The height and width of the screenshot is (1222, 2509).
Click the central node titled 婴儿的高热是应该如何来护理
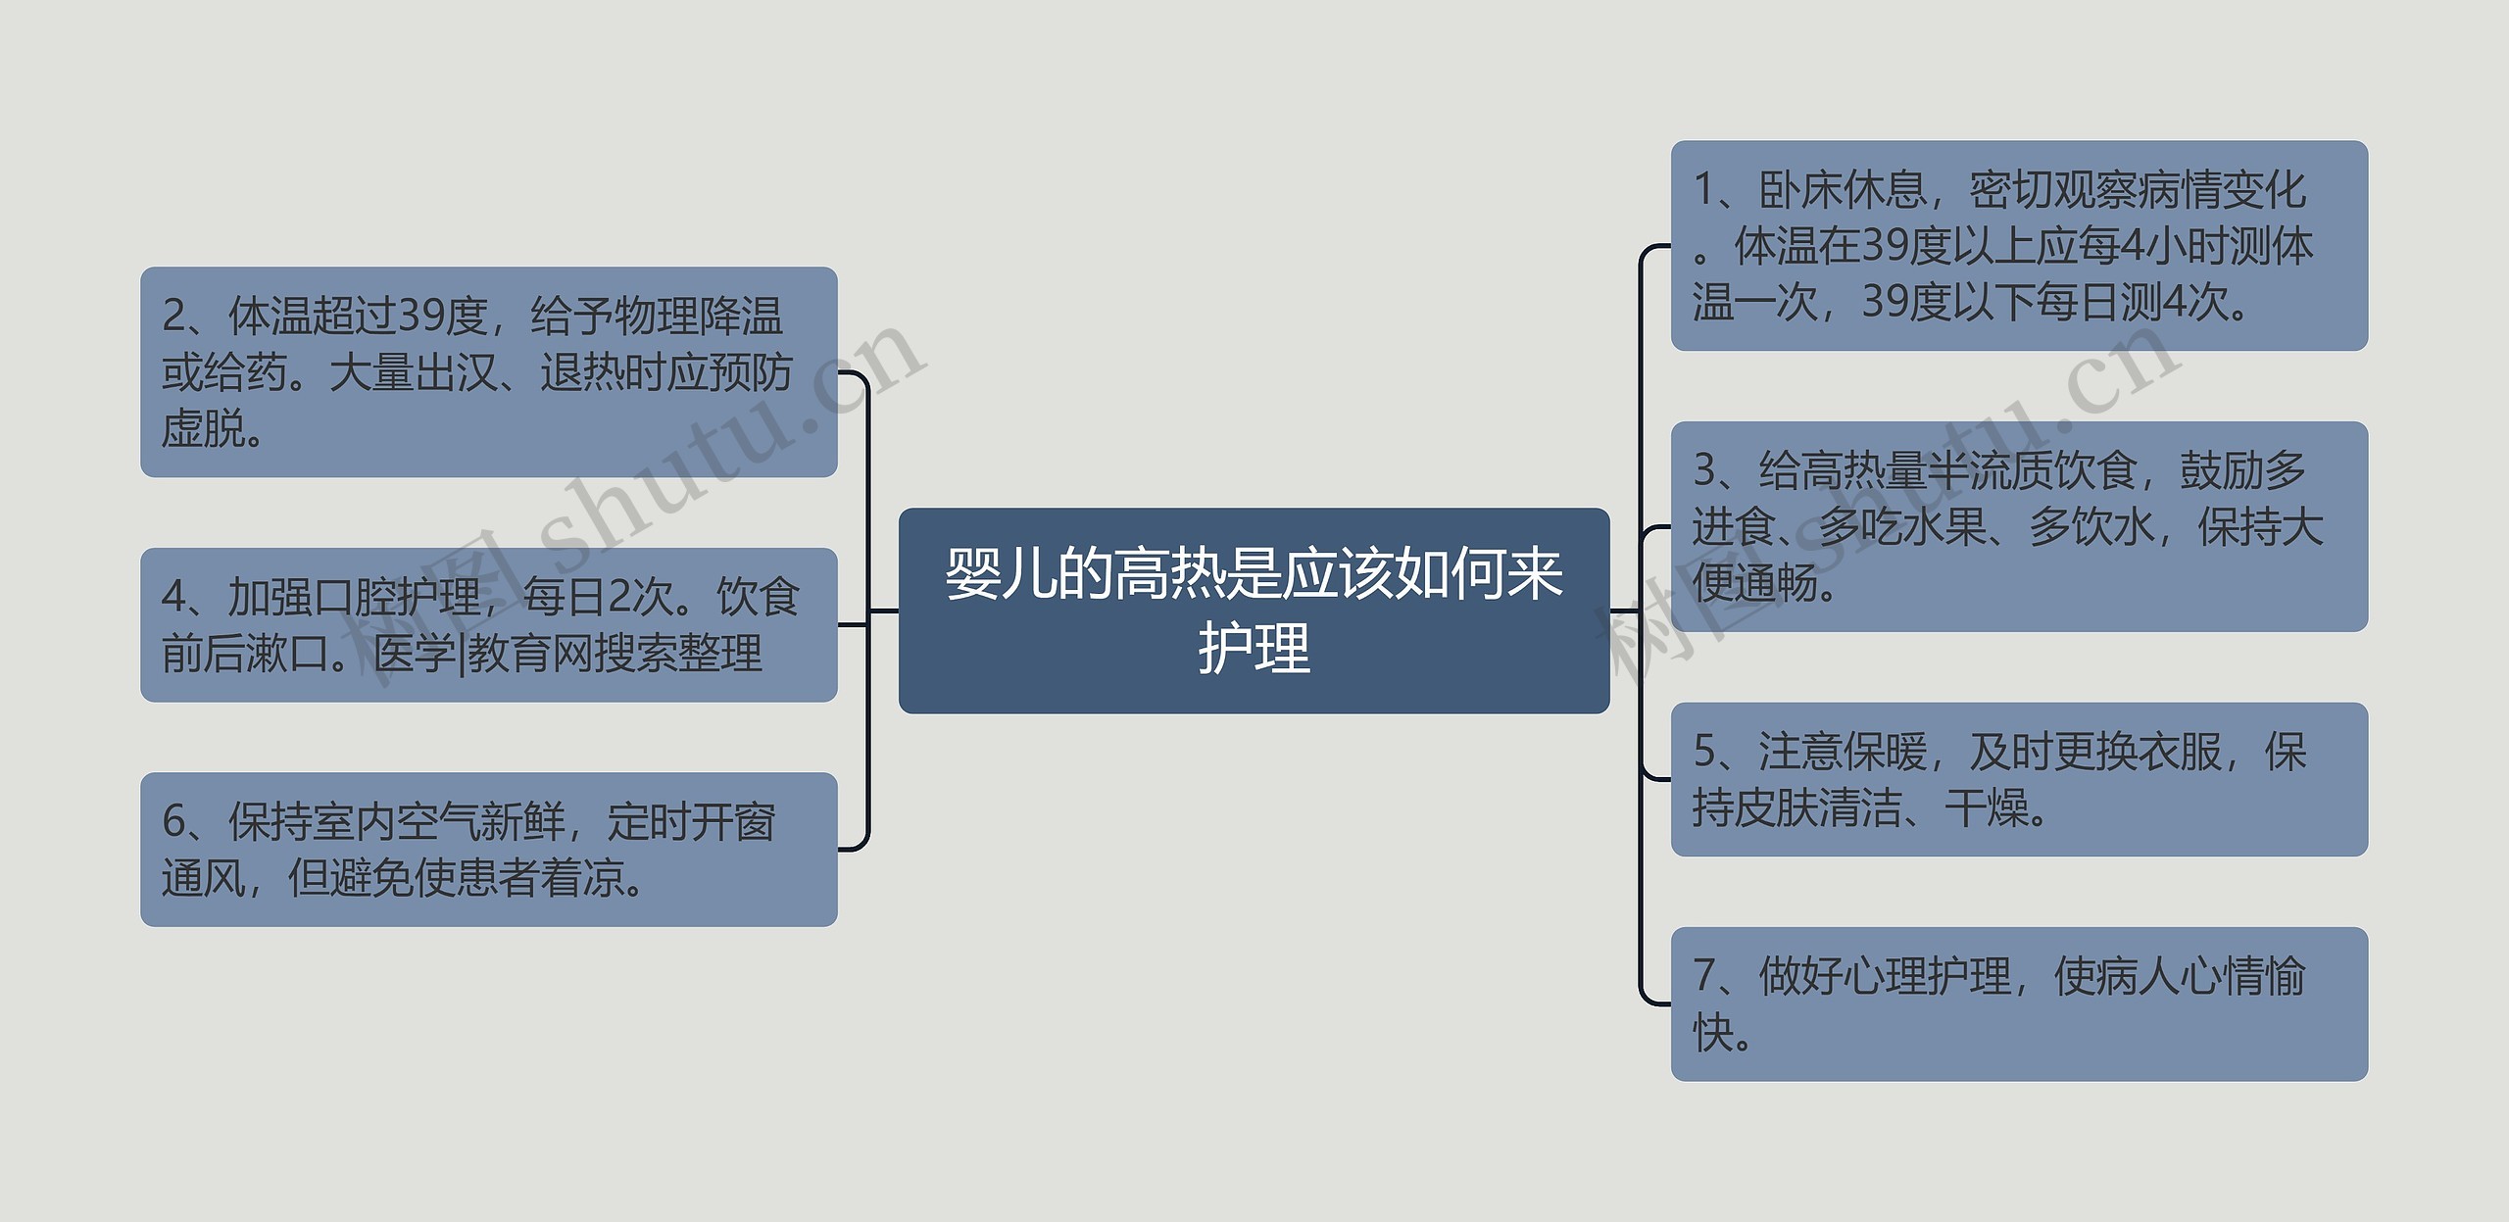coord(1254,610)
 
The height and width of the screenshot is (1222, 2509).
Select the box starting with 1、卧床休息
coord(2018,245)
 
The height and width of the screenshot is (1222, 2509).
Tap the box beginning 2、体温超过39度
coord(488,371)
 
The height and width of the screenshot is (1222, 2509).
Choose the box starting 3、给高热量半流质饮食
coord(2018,526)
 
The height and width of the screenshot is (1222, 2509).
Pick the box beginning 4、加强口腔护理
coord(488,624)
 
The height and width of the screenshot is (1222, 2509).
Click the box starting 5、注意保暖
coord(2018,779)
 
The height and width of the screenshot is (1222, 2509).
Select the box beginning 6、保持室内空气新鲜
coord(488,849)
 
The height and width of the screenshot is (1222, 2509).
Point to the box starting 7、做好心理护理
coord(2018,1003)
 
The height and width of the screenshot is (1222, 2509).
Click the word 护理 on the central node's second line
coord(1254,648)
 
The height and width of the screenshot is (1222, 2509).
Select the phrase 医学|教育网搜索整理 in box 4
coord(567,654)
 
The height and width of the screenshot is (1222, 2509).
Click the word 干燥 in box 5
coord(1986,808)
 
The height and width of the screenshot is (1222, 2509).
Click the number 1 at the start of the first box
coord(1704,190)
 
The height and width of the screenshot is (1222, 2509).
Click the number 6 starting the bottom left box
coord(173,821)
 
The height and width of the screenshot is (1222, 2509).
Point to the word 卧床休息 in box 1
coord(1843,190)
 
